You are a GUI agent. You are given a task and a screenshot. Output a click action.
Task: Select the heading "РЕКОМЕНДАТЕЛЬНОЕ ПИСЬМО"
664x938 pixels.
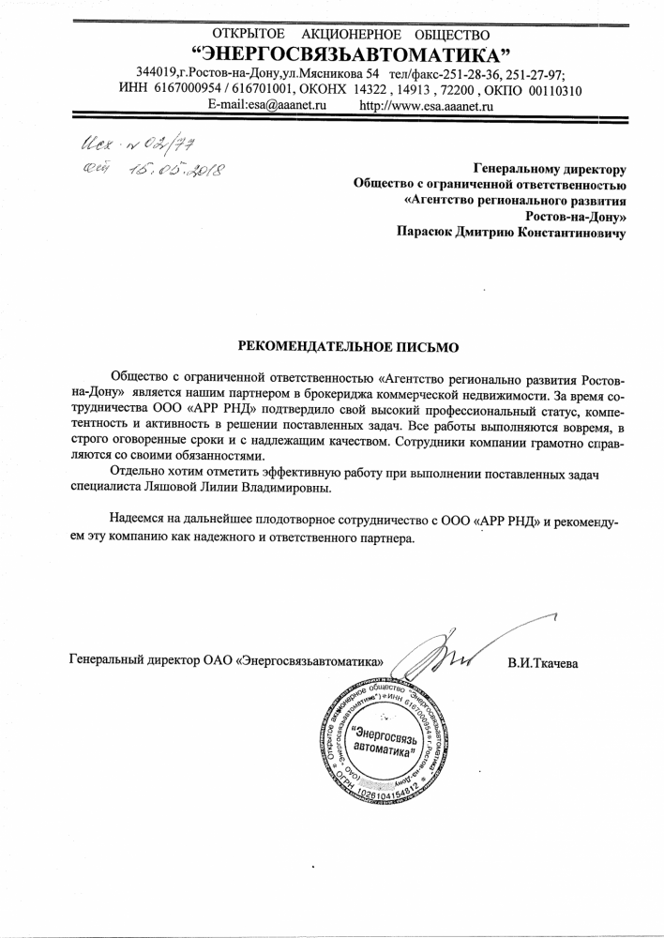[348, 346]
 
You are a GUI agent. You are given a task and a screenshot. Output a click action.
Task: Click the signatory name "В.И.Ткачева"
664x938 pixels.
[543, 664]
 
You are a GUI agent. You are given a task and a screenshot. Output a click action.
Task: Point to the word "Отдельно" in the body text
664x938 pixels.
[138, 471]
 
